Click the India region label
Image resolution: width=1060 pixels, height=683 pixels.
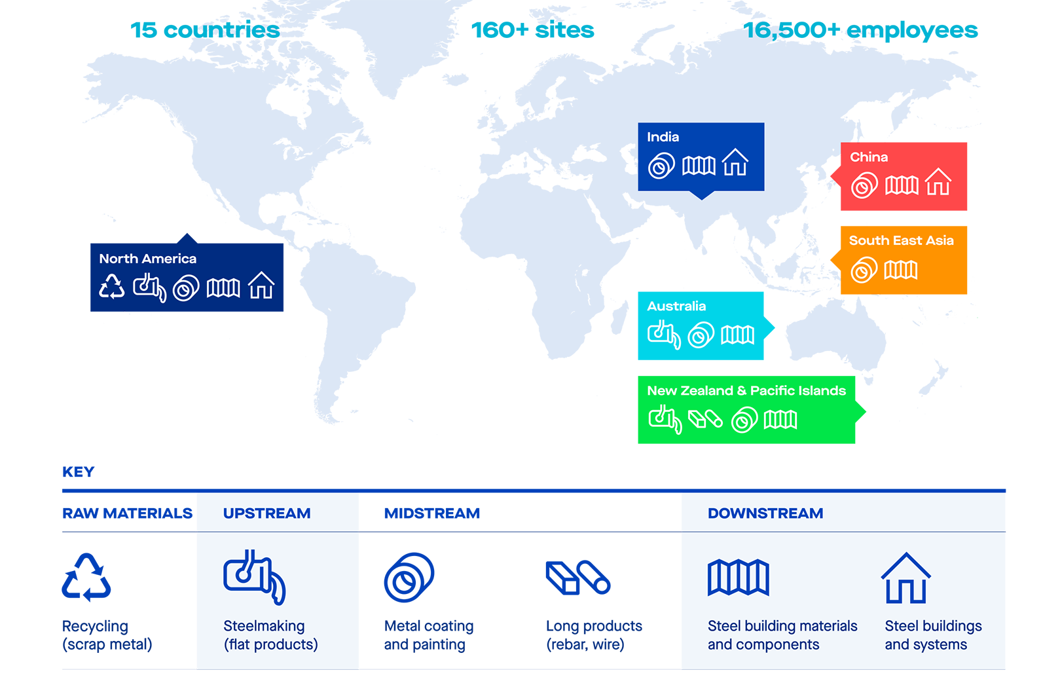663,137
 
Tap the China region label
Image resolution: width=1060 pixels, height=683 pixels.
869,157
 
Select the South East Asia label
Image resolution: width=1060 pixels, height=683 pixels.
901,240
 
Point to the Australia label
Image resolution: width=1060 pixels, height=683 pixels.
676,306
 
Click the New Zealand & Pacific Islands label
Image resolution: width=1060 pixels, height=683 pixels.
746,390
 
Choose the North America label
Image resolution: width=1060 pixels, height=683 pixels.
147,259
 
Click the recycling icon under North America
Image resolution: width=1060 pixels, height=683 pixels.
112,287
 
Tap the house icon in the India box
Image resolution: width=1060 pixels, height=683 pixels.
735,162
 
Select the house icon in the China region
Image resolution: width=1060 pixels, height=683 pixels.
938,182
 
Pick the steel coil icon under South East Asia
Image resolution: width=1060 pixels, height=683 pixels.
864,270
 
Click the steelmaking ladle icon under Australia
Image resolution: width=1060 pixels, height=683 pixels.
664,335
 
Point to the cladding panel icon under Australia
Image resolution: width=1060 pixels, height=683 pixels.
738,335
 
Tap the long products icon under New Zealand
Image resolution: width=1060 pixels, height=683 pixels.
705,418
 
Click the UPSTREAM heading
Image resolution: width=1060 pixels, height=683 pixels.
266,513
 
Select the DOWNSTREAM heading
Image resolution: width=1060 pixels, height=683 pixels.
765,513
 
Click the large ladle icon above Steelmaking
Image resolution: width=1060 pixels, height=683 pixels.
254,576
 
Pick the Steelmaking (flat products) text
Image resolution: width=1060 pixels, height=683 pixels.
270,635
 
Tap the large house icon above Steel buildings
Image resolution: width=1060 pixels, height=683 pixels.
906,578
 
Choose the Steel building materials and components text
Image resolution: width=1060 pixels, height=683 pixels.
782,635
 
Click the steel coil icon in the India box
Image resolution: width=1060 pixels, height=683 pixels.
661,166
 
